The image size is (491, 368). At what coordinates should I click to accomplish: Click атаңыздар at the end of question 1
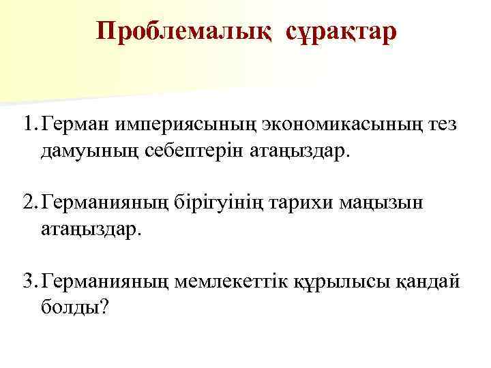click(299, 151)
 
